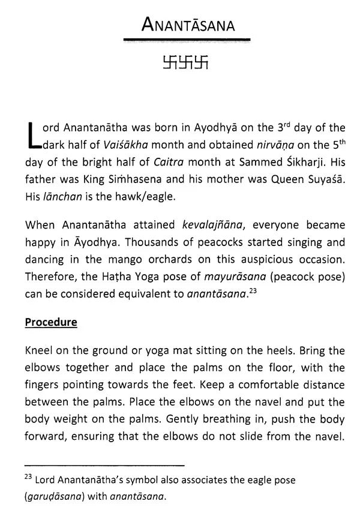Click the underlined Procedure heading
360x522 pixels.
click(51, 322)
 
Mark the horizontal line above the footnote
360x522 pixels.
click(104, 464)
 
